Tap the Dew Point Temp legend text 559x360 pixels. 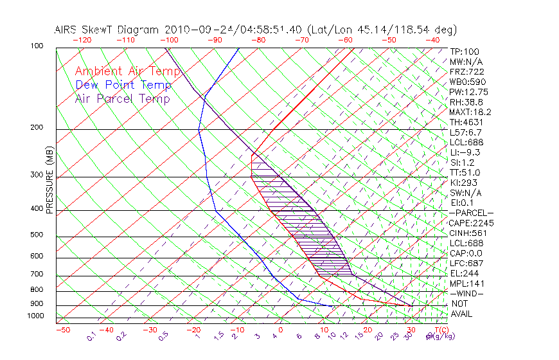(x=123, y=85)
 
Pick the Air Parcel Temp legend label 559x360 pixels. (x=122, y=98)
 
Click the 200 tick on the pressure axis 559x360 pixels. (x=36, y=128)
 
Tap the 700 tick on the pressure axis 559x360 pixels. (x=36, y=274)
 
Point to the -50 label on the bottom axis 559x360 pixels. (x=62, y=330)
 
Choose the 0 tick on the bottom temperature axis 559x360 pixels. (x=281, y=330)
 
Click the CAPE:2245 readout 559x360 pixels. (x=471, y=223)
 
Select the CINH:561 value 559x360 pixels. (x=468, y=233)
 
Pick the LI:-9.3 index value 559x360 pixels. (x=465, y=152)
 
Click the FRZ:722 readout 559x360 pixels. (x=466, y=72)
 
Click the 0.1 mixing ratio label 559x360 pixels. (x=91, y=336)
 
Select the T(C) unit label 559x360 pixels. (x=440, y=330)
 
